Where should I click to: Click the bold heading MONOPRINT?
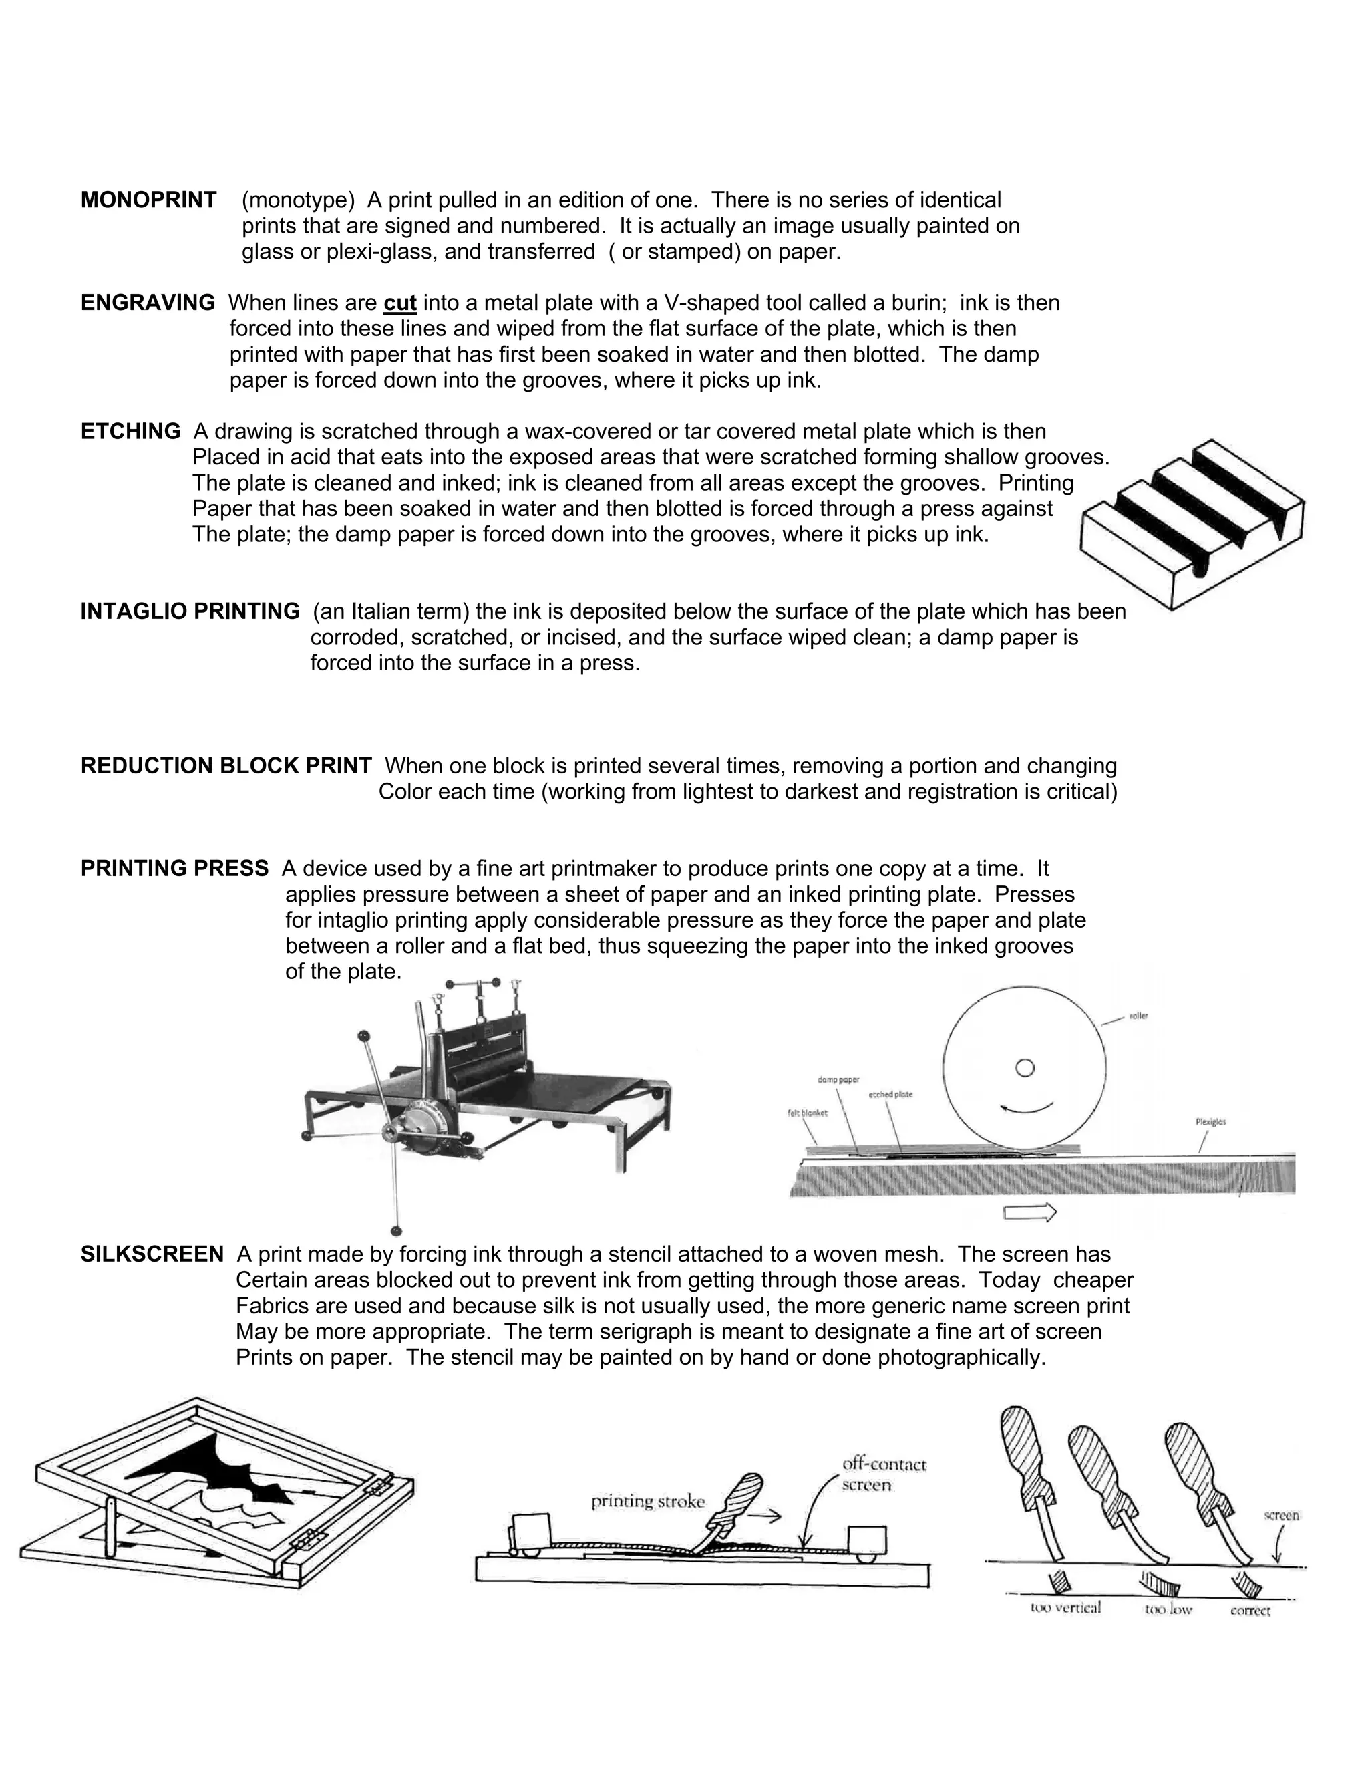tap(148, 200)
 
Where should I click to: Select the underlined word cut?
tap(399, 303)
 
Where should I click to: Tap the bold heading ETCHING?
tap(130, 432)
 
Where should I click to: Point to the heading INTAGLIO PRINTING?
tap(190, 611)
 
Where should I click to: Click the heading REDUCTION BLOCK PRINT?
tap(226, 765)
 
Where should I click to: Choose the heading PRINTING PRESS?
tap(174, 869)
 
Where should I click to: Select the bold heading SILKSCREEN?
tap(152, 1254)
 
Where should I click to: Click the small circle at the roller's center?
tap(1025, 1068)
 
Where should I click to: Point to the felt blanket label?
tap(807, 1113)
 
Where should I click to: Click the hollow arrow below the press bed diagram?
tap(1030, 1213)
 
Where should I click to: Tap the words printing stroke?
tap(647, 1502)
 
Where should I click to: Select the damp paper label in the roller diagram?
tap(838, 1080)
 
